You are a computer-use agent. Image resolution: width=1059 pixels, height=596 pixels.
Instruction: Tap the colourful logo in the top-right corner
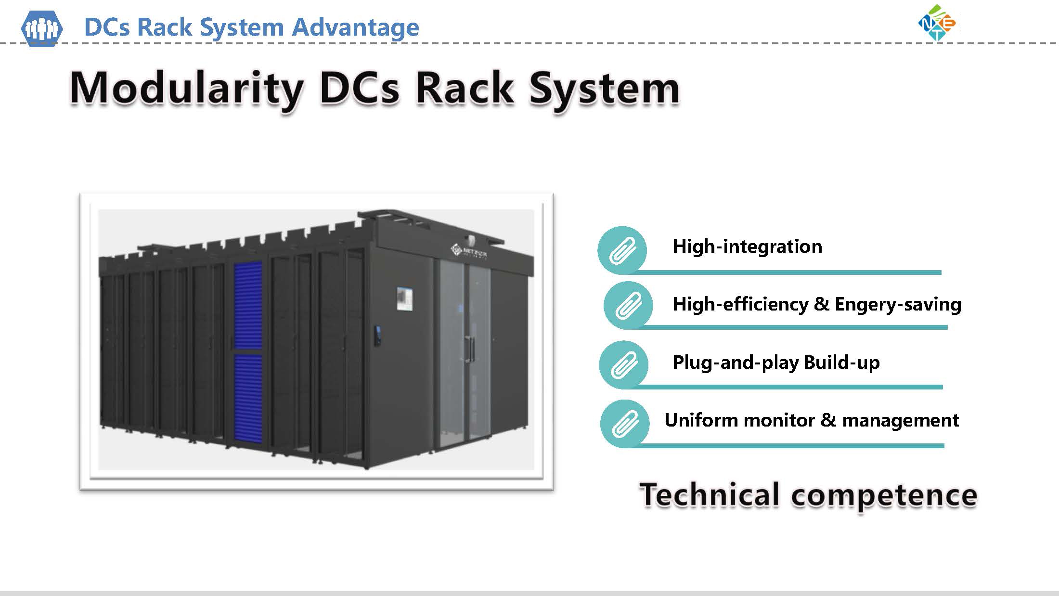[x=937, y=23]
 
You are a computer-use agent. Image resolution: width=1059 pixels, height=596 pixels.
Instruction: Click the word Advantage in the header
[x=355, y=27]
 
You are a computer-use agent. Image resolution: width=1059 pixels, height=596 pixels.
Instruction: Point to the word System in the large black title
[x=604, y=89]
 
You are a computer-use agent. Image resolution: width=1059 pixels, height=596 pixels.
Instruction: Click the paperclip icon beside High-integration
[x=622, y=250]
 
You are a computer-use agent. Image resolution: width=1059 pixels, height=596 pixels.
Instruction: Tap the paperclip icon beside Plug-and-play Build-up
[x=624, y=364]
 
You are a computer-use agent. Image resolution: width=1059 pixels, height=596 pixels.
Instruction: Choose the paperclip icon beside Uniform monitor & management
[x=624, y=424]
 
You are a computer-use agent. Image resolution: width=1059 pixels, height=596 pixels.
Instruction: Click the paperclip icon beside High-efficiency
[x=628, y=305]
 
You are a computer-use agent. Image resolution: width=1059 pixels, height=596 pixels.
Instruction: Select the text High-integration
[x=747, y=246]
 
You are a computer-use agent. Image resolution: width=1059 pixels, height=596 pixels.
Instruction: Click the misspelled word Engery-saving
[x=898, y=305]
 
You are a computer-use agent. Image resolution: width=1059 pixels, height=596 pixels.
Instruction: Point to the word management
[x=900, y=421]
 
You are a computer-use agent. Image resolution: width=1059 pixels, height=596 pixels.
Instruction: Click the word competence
[x=884, y=495]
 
